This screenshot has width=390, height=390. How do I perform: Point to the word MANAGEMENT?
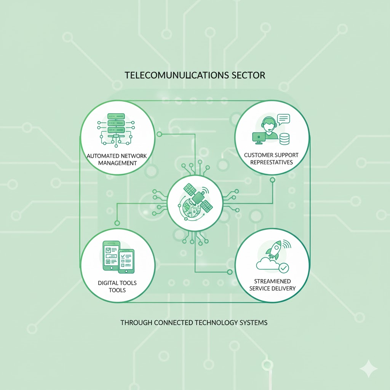pos(117,163)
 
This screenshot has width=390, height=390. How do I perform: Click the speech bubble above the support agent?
pos(283,119)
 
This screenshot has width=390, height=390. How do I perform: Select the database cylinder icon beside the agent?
pos(285,139)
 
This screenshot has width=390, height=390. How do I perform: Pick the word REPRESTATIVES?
pos(272,162)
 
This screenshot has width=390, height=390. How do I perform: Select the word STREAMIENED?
pos(272,282)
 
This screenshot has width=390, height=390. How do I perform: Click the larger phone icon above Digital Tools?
pos(111,255)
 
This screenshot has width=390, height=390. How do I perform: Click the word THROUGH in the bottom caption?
pos(136,323)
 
